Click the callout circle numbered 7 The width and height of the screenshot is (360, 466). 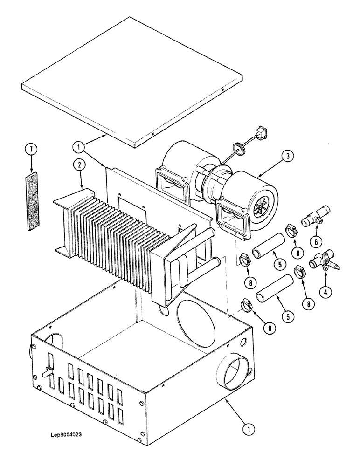pyautogui.click(x=31, y=151)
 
